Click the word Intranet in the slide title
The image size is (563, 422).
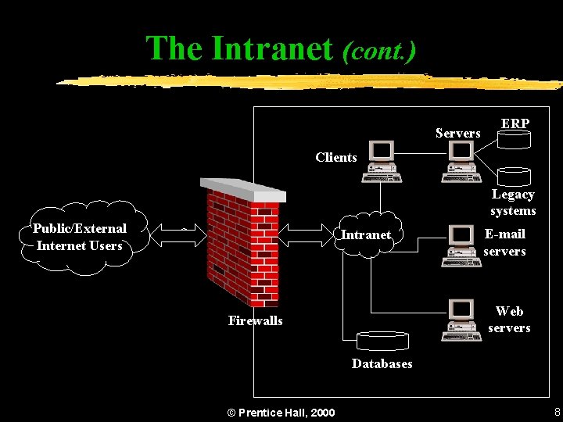point(272,48)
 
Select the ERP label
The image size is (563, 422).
point(515,123)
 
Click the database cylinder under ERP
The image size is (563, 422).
point(515,140)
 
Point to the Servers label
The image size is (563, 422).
point(457,134)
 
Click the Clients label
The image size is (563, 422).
point(336,157)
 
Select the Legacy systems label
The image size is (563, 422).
point(513,202)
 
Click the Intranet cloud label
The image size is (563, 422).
point(366,234)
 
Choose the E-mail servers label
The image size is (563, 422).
point(504,242)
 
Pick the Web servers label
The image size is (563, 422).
point(509,320)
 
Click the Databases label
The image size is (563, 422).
point(382,363)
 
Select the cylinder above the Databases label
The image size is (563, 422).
point(382,341)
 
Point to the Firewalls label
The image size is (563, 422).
point(256,320)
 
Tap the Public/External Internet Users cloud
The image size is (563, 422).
point(81,238)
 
